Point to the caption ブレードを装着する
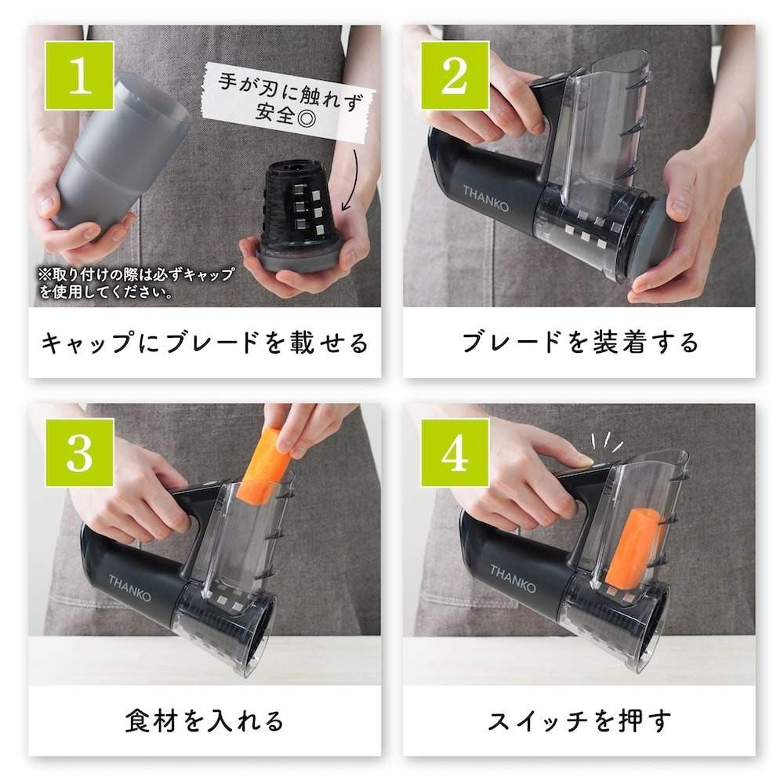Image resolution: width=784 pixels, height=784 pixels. pyautogui.click(x=579, y=343)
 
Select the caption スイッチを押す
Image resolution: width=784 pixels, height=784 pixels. pyautogui.click(x=579, y=720)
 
